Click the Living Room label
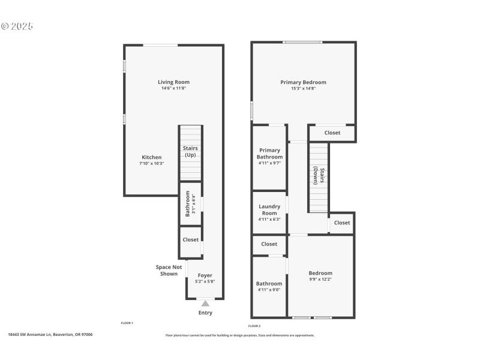tap(173, 82)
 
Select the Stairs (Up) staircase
tap(191, 152)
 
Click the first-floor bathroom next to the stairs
tap(191, 204)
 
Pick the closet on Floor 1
tap(191, 239)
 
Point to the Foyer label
tap(205, 275)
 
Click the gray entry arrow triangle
tap(205, 304)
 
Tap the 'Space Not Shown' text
tap(169, 271)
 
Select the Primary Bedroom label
tap(303, 82)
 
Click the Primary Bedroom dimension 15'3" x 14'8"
tap(303, 88)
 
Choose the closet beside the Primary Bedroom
tap(332, 133)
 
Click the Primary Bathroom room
tap(269, 156)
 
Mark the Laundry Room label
tap(269, 209)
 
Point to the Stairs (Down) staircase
tap(319, 177)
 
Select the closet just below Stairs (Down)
tap(341, 223)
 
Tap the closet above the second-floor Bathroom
tap(269, 244)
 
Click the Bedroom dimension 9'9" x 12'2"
tap(320, 279)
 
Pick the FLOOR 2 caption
tap(254, 326)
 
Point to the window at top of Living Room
tap(160, 45)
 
